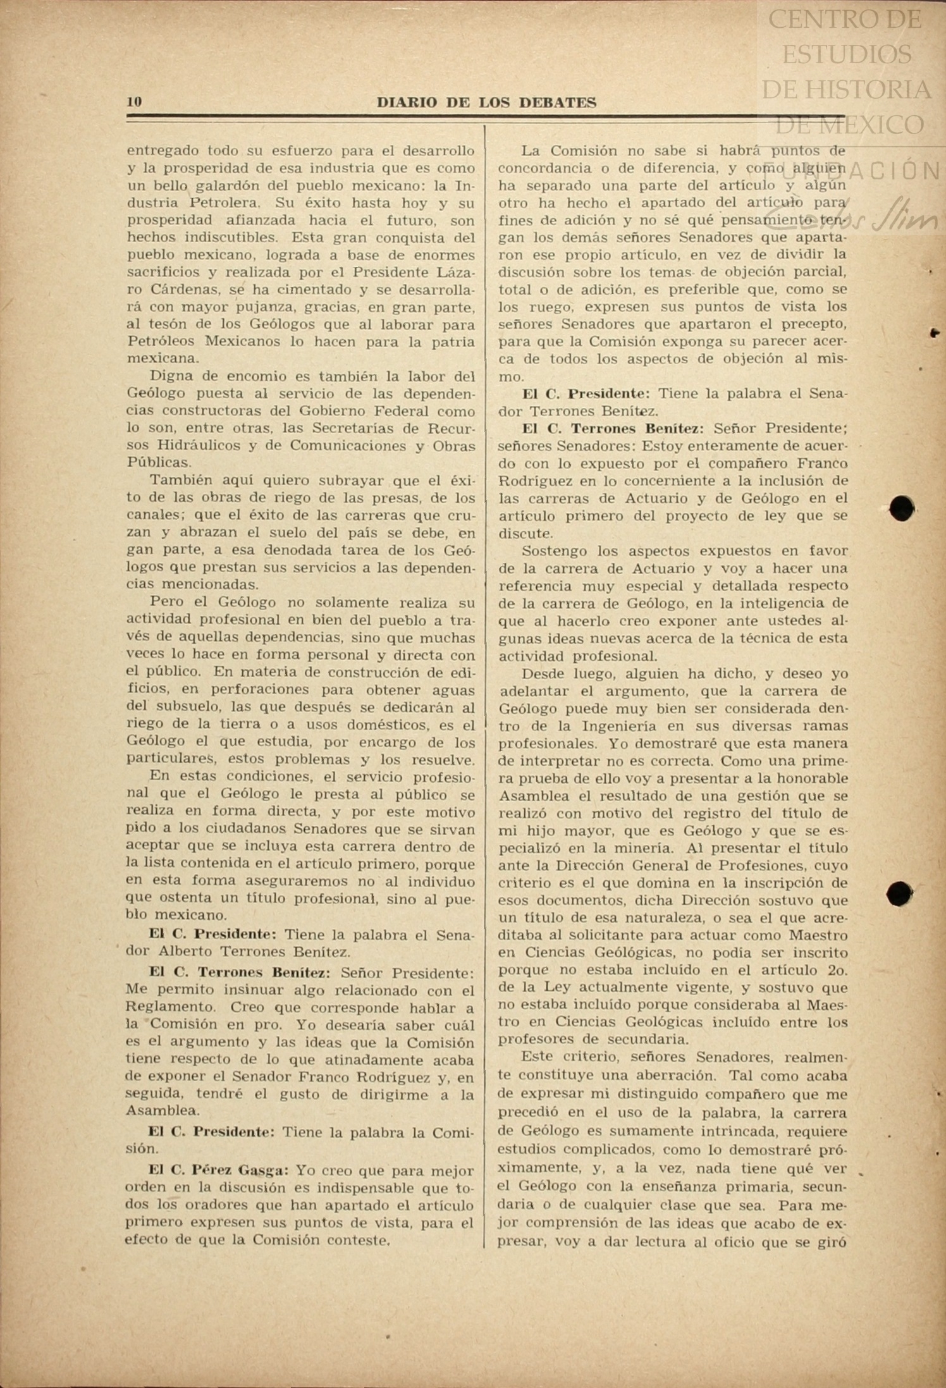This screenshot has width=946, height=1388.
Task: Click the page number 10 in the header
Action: tap(134, 102)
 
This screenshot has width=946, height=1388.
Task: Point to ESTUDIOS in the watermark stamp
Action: tap(847, 54)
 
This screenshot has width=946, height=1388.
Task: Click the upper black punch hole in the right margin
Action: tap(901, 508)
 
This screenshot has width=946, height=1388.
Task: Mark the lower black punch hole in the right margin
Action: tap(899, 894)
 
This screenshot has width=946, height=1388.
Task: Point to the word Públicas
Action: tap(158, 462)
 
